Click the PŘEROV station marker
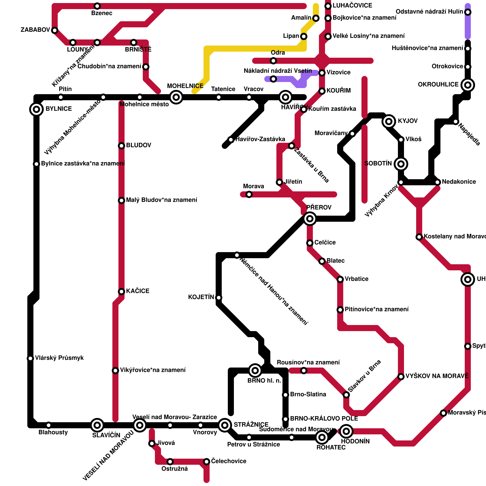pyautogui.click(x=310, y=219)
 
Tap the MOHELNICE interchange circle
pyautogui.click(x=176, y=97)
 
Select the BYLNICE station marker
pyautogui.click(x=36, y=109)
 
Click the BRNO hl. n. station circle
pyautogui.click(x=255, y=371)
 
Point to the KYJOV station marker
pyautogui.click(x=389, y=122)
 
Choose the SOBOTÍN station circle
pyautogui.click(x=401, y=164)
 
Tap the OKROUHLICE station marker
pyautogui.click(x=468, y=85)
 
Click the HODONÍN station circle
pyautogui.click(x=346, y=431)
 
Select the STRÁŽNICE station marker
pyautogui.click(x=225, y=425)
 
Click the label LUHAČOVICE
pyautogui.click(x=352, y=6)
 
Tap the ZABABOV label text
pyautogui.click(x=35, y=30)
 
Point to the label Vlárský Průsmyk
pyautogui.click(x=59, y=358)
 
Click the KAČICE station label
pyautogui.click(x=138, y=291)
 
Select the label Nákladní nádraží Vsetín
pyautogui.click(x=278, y=71)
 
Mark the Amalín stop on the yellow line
pyautogui.click(x=316, y=18)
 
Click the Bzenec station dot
pyautogui.click(x=97, y=6)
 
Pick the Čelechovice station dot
pyautogui.click(x=207, y=462)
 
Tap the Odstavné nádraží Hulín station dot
pyautogui.click(x=468, y=12)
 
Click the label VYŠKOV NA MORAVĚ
pyautogui.click(x=437, y=376)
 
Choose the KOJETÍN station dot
pyautogui.click(x=219, y=298)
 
